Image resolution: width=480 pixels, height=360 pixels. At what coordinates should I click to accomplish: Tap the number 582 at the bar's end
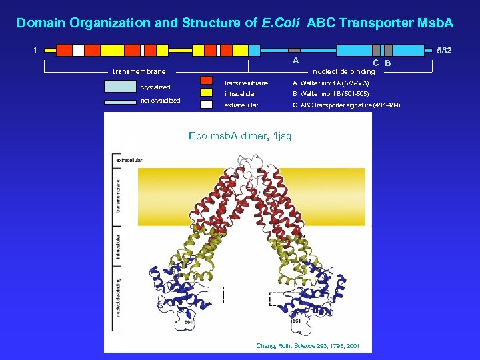click(444, 51)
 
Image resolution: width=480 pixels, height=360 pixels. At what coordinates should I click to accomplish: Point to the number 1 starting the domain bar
click(35, 50)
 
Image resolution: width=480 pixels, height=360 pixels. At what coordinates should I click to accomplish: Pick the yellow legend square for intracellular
click(207, 93)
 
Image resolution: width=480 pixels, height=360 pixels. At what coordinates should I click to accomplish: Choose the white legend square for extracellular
click(207, 105)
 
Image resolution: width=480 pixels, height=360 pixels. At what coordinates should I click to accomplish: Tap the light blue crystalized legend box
click(119, 86)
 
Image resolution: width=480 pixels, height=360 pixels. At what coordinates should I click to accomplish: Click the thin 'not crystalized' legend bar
click(119, 102)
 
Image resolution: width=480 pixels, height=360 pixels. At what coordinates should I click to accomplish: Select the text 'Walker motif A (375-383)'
click(334, 83)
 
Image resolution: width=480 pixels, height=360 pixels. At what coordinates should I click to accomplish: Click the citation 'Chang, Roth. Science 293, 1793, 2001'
click(307, 345)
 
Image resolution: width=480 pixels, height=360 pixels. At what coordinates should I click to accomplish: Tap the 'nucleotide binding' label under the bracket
click(344, 71)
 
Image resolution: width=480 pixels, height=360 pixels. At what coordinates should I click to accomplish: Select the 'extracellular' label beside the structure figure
click(129, 161)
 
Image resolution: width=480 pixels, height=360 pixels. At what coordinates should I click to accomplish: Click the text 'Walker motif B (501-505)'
click(334, 93)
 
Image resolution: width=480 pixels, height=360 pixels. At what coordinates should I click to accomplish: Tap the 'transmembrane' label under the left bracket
click(139, 71)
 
